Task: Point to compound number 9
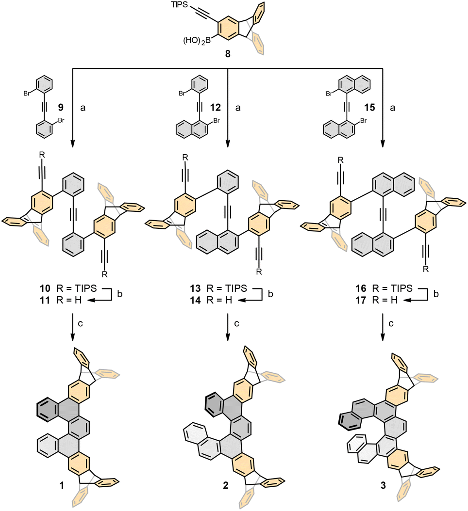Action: (x=61, y=105)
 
